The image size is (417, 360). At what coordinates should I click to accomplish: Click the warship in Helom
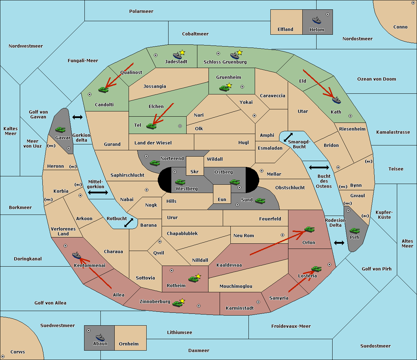click(317, 20)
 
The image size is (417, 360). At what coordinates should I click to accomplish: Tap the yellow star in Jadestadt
click(182, 52)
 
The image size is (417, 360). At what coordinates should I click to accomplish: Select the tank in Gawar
click(60, 129)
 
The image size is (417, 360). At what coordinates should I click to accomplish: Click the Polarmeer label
click(141, 11)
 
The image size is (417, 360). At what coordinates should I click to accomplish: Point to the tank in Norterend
click(155, 163)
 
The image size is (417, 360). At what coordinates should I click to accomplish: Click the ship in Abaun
click(100, 337)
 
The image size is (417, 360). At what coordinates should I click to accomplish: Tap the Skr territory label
click(195, 172)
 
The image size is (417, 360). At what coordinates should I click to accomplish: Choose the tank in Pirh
click(354, 231)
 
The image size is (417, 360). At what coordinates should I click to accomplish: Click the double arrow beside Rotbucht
click(129, 223)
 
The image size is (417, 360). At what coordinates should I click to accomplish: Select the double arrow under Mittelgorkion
click(98, 193)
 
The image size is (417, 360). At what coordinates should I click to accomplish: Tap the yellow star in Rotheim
click(198, 276)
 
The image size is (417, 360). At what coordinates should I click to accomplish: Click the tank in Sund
click(260, 201)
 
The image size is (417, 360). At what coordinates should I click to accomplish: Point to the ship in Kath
click(336, 100)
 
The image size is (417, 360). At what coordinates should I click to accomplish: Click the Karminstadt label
click(240, 308)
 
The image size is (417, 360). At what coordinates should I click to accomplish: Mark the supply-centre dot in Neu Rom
click(283, 235)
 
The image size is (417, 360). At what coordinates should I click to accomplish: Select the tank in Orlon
click(309, 229)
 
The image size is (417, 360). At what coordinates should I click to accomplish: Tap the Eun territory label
click(222, 200)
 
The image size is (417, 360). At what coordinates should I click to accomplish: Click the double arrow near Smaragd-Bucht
click(288, 137)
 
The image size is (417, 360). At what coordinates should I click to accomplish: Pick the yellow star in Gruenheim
click(229, 85)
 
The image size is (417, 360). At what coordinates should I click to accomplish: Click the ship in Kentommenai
click(76, 256)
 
